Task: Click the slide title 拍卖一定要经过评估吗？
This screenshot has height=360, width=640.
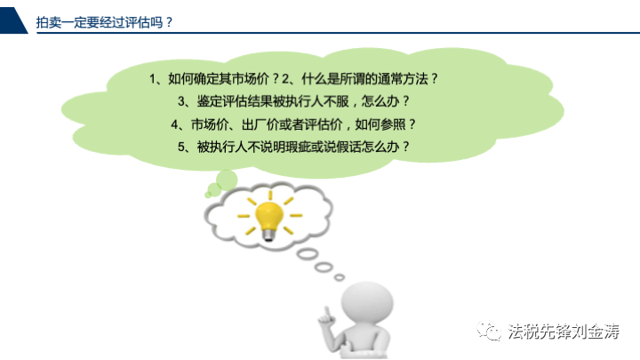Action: click(105, 22)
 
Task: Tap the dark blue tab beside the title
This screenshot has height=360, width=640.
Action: click(12, 20)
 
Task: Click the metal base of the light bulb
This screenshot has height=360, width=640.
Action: click(268, 235)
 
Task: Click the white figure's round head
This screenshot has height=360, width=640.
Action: click(367, 302)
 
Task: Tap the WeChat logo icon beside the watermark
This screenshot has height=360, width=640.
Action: click(489, 330)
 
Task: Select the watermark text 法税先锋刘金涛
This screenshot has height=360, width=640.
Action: click(564, 331)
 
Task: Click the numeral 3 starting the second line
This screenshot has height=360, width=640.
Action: click(181, 101)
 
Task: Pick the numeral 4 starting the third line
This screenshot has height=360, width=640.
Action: click(175, 124)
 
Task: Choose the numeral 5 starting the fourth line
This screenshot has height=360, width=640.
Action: click(181, 147)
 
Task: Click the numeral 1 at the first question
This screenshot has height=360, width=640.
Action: click(153, 79)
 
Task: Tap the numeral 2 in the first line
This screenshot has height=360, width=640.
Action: click(285, 79)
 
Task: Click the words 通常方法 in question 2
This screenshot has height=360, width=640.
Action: click(403, 79)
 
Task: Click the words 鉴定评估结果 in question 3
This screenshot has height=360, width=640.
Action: click(235, 101)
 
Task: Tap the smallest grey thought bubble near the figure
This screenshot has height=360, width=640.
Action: click(340, 277)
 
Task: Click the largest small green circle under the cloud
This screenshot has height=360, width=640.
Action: click(227, 180)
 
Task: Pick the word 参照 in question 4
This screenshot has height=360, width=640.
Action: click(393, 124)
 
